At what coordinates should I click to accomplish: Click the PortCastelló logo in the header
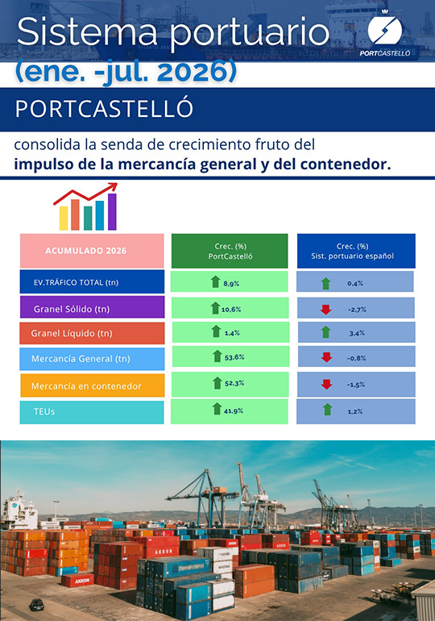tap(385, 34)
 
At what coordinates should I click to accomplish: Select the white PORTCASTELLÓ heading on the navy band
tap(104, 109)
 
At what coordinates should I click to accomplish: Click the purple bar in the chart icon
tap(112, 211)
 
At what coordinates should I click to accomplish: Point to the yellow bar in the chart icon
tap(64, 218)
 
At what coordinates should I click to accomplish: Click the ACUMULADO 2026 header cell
tap(92, 251)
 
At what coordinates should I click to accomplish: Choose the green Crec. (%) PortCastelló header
tap(230, 251)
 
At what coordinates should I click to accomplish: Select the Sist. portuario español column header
tap(356, 251)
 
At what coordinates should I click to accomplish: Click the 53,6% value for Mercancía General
tap(234, 357)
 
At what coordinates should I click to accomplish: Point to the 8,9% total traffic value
tap(231, 284)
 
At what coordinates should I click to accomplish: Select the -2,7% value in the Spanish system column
tap(357, 310)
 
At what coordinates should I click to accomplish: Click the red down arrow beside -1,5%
tap(326, 384)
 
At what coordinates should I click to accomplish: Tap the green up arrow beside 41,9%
tap(217, 409)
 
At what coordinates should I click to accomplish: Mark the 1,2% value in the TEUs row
tap(355, 411)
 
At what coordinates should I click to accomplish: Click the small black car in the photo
tap(37, 605)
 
